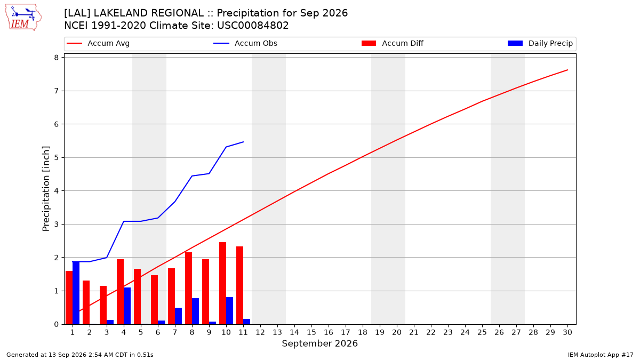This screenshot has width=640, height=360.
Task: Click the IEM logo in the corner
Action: [x=23, y=18]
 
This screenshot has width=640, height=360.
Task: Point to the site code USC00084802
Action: [x=253, y=26]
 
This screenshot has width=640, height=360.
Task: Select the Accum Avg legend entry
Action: [x=98, y=43]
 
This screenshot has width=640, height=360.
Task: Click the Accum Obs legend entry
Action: [x=245, y=43]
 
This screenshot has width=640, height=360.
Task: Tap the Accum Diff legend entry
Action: [x=393, y=43]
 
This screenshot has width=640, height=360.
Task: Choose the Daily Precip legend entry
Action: [x=540, y=43]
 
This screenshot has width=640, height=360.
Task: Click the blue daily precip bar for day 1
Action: [x=76, y=293]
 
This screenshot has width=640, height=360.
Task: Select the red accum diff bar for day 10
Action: [x=222, y=283]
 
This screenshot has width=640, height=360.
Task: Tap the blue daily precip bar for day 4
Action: [x=127, y=306]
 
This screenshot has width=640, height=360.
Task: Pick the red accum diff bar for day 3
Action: [x=103, y=305]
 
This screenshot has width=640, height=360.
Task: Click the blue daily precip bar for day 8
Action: [x=195, y=311]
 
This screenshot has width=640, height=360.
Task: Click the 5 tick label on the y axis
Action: [x=56, y=158]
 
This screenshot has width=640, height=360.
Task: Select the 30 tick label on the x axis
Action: [x=567, y=332]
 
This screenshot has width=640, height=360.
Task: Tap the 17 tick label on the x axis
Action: [x=346, y=332]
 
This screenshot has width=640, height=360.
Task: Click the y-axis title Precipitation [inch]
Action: [x=46, y=189]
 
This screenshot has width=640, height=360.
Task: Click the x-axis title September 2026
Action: [x=319, y=343]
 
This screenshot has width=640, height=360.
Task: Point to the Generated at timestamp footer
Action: [x=79, y=355]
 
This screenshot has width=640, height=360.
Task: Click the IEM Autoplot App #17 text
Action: [x=601, y=355]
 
